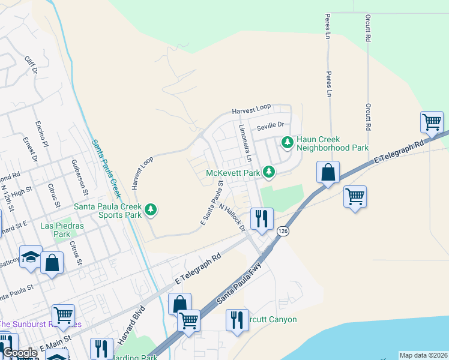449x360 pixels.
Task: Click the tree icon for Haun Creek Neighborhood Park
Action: coord(288,143)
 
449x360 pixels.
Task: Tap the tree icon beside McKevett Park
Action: coord(270,173)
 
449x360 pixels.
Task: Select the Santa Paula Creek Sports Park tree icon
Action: coord(151,209)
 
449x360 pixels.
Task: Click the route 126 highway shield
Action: coord(282,230)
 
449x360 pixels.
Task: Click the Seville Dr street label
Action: coord(269,127)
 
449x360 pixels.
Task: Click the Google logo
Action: coord(20,353)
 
